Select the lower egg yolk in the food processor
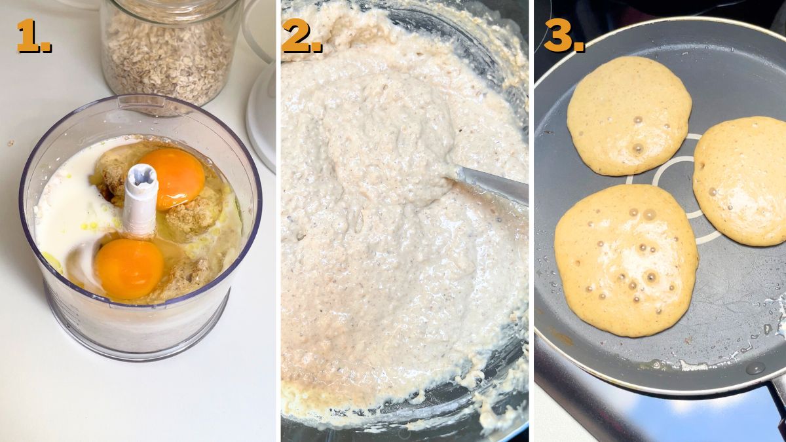pos(128,268)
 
